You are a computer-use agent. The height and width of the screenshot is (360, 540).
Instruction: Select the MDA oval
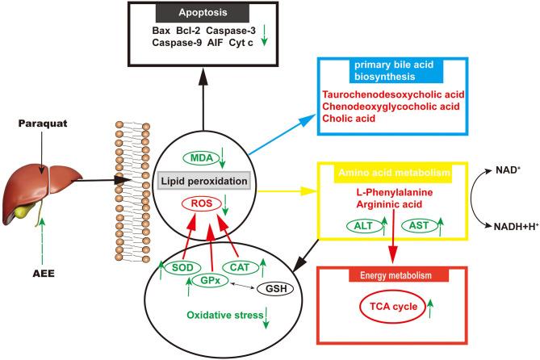pos(187,134)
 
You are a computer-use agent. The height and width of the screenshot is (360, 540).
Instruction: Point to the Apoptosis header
pos(219,15)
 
